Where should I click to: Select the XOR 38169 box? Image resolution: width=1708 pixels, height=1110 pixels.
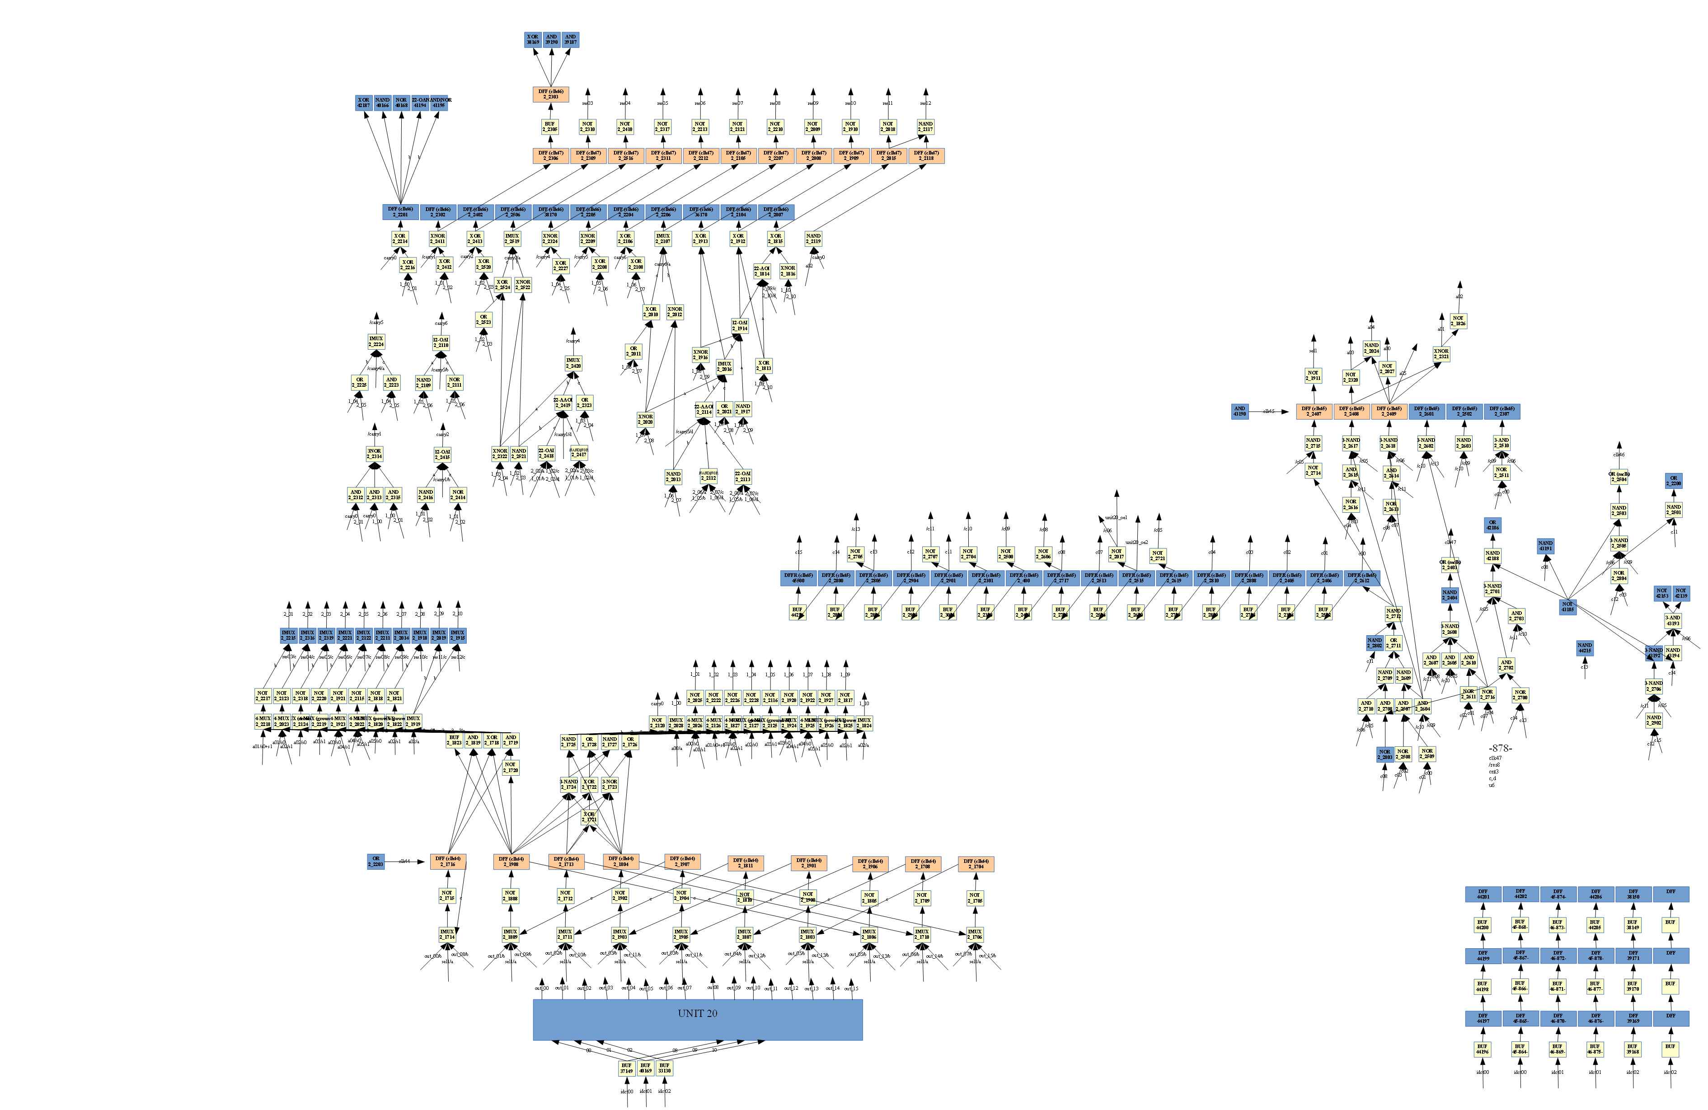click(x=532, y=39)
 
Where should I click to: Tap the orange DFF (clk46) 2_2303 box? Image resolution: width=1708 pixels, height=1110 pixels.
click(x=550, y=94)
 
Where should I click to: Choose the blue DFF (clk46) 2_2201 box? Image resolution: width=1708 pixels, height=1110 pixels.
click(x=400, y=212)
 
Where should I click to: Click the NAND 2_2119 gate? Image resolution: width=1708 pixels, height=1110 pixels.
click(x=812, y=238)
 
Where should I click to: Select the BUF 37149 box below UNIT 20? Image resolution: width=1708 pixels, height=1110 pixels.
click(x=627, y=1068)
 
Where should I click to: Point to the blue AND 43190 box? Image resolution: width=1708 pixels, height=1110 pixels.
click(x=1239, y=411)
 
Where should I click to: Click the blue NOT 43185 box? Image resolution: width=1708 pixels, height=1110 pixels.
click(x=1567, y=606)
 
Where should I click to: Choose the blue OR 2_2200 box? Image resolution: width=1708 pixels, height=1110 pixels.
click(x=1674, y=481)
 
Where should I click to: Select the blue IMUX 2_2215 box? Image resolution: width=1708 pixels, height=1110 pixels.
click(x=288, y=636)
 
